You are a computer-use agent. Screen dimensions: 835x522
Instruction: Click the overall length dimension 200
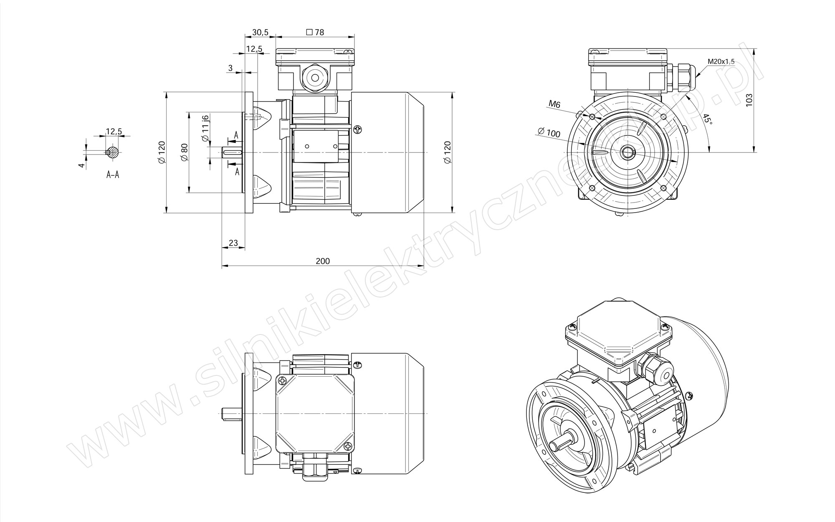pos(323,261)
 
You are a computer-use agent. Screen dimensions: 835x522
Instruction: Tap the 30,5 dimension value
pos(260,32)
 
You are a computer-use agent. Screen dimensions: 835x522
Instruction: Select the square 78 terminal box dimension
pos(315,32)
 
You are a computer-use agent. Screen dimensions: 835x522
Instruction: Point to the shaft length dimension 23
pos(233,243)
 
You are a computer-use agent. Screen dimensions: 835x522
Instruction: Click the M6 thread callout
pos(554,104)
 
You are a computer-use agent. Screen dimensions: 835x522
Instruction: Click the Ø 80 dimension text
pos(185,152)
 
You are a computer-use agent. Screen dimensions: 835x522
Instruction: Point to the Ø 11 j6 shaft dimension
pos(205,129)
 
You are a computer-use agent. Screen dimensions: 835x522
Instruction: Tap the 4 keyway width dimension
pos(82,165)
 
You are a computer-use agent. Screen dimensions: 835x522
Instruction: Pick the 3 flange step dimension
pos(230,68)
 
